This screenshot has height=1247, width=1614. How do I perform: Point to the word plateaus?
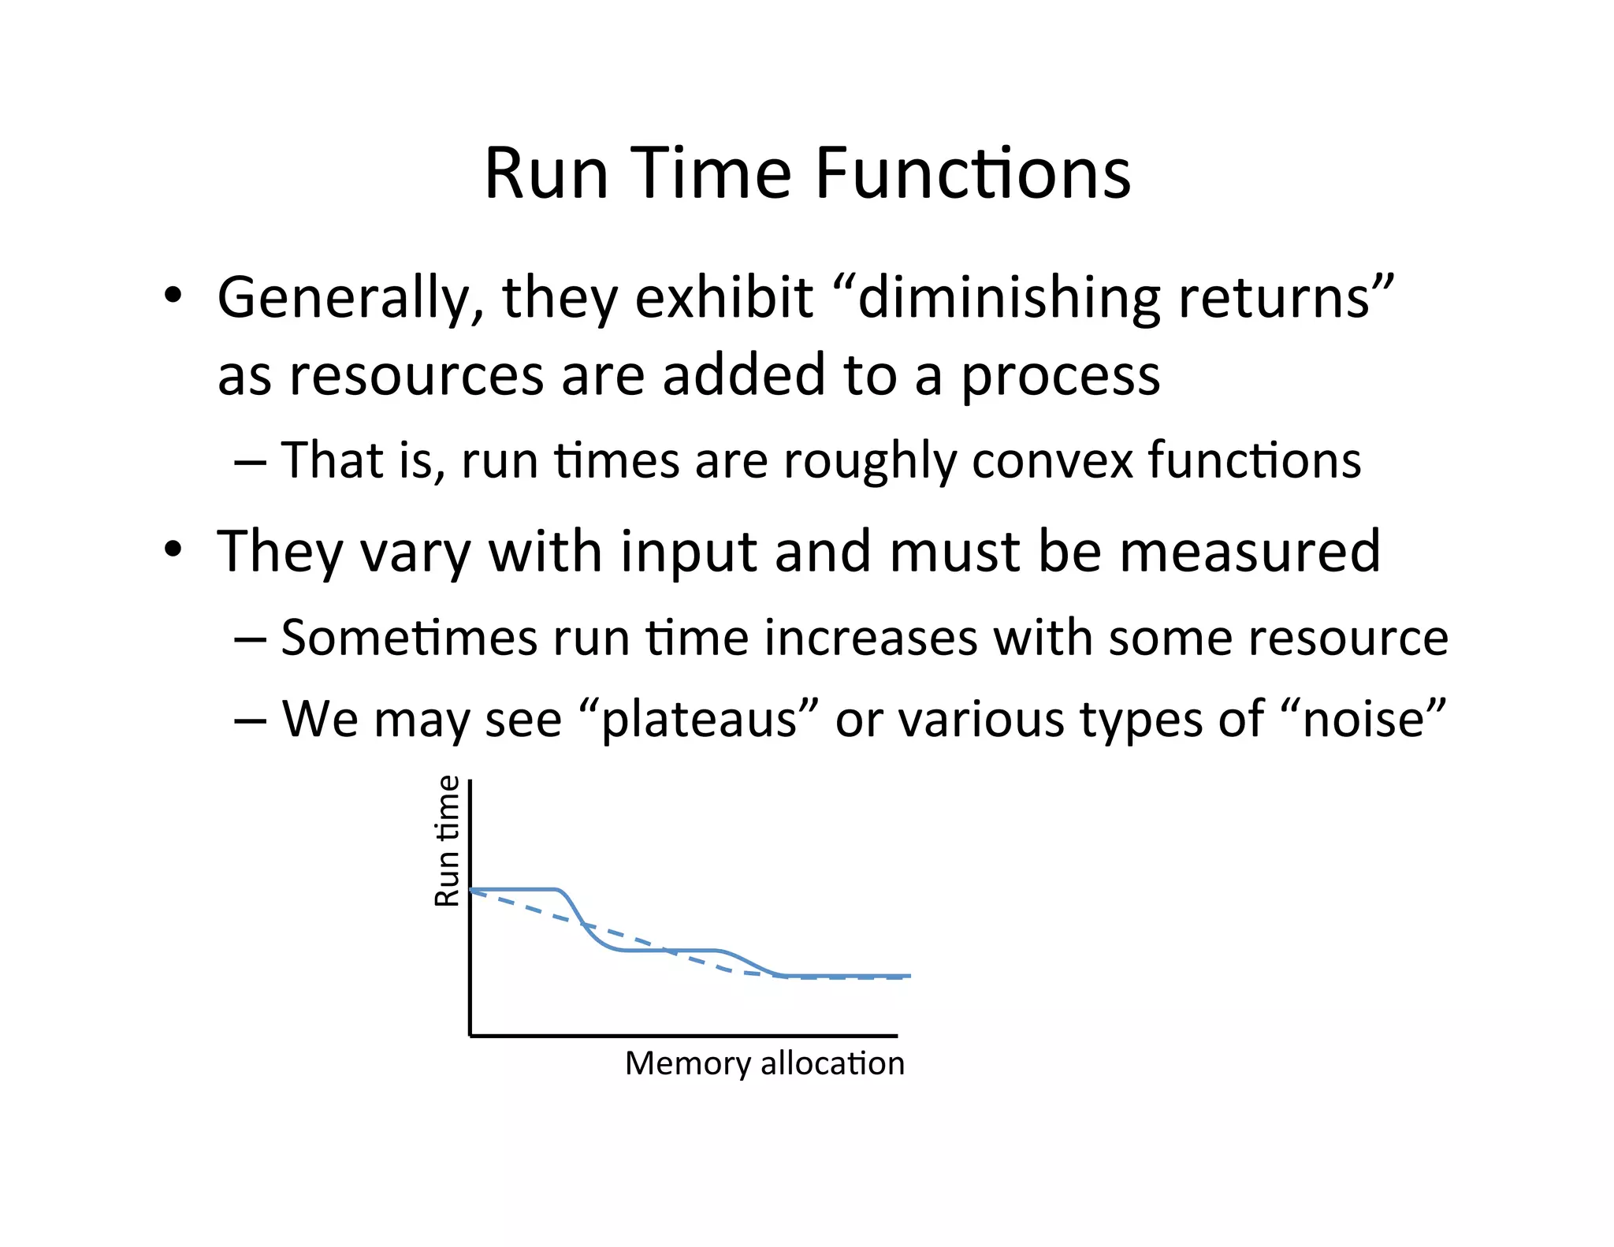coord(699,720)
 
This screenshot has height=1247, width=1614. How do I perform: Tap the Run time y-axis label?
coord(448,841)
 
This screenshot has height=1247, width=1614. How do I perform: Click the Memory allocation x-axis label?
coord(764,1064)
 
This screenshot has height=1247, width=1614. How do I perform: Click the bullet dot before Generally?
coord(173,297)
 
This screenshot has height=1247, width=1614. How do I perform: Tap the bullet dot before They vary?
coord(173,549)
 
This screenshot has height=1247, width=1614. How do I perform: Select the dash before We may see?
coord(249,720)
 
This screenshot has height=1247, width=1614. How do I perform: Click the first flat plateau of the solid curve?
coord(512,889)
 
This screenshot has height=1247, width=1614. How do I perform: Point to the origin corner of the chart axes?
coord(470,1035)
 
